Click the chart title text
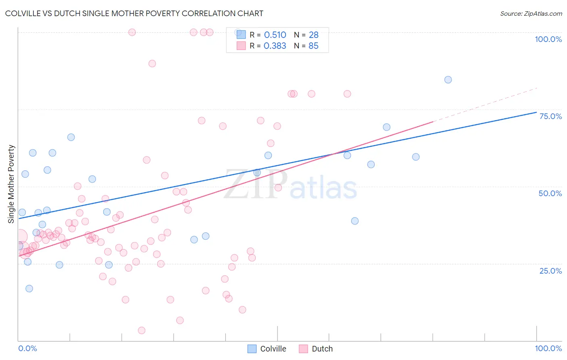pos(134,13)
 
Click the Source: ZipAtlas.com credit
pos(531,13)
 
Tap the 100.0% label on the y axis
pos(548,39)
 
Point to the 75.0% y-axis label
pos(550,116)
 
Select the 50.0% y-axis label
pos(550,193)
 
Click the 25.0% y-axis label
pos(550,271)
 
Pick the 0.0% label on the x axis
pos(27,348)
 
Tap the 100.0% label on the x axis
pos(548,348)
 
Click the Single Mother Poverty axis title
pos(11,184)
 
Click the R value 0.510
pos(275,35)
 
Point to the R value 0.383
pos(275,46)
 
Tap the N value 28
pos(313,35)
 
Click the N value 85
pos(313,46)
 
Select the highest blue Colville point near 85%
pos(448,80)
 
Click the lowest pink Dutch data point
pos(142,331)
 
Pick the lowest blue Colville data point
pos(29,289)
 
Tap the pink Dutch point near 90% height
pos(152,63)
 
